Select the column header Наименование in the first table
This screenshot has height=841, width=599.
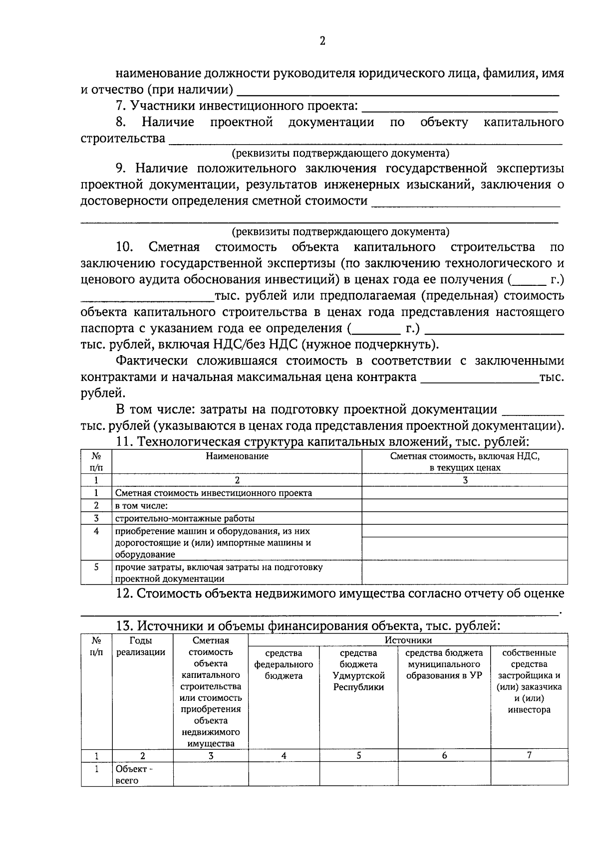click(x=237, y=456)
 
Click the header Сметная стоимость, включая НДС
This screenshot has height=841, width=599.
click(x=465, y=456)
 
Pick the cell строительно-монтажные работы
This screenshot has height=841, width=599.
click(x=185, y=518)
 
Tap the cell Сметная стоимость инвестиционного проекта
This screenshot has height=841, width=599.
click(x=214, y=493)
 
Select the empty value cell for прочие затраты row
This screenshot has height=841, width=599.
click(x=465, y=573)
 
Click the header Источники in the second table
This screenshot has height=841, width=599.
click(x=408, y=640)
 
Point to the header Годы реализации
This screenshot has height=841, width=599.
click(x=141, y=646)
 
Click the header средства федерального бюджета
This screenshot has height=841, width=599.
click(x=284, y=664)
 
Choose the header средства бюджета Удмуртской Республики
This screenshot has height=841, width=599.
click(x=358, y=670)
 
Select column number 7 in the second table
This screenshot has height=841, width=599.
click(x=529, y=755)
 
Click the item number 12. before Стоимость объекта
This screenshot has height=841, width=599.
click(x=124, y=594)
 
